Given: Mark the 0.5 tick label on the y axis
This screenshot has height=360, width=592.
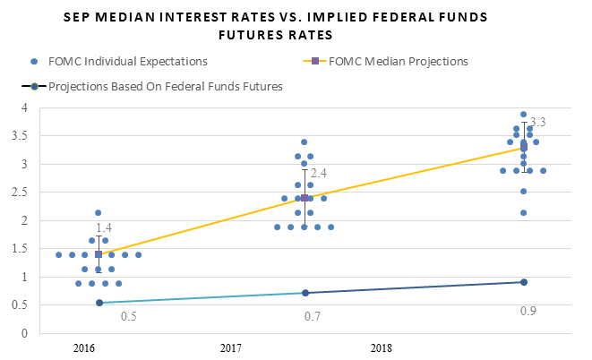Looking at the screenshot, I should tap(12, 304).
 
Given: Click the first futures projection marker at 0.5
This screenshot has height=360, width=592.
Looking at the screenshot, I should tap(99, 303).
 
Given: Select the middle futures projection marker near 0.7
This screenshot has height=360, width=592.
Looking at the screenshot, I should tap(305, 293).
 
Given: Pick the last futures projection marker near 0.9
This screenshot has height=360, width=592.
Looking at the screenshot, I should tap(524, 282).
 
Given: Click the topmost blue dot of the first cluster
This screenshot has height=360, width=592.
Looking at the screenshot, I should tap(99, 213).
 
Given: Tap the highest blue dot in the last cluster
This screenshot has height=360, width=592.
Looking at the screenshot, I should tap(524, 115).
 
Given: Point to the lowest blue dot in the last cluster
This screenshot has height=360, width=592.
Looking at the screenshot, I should tap(524, 213).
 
